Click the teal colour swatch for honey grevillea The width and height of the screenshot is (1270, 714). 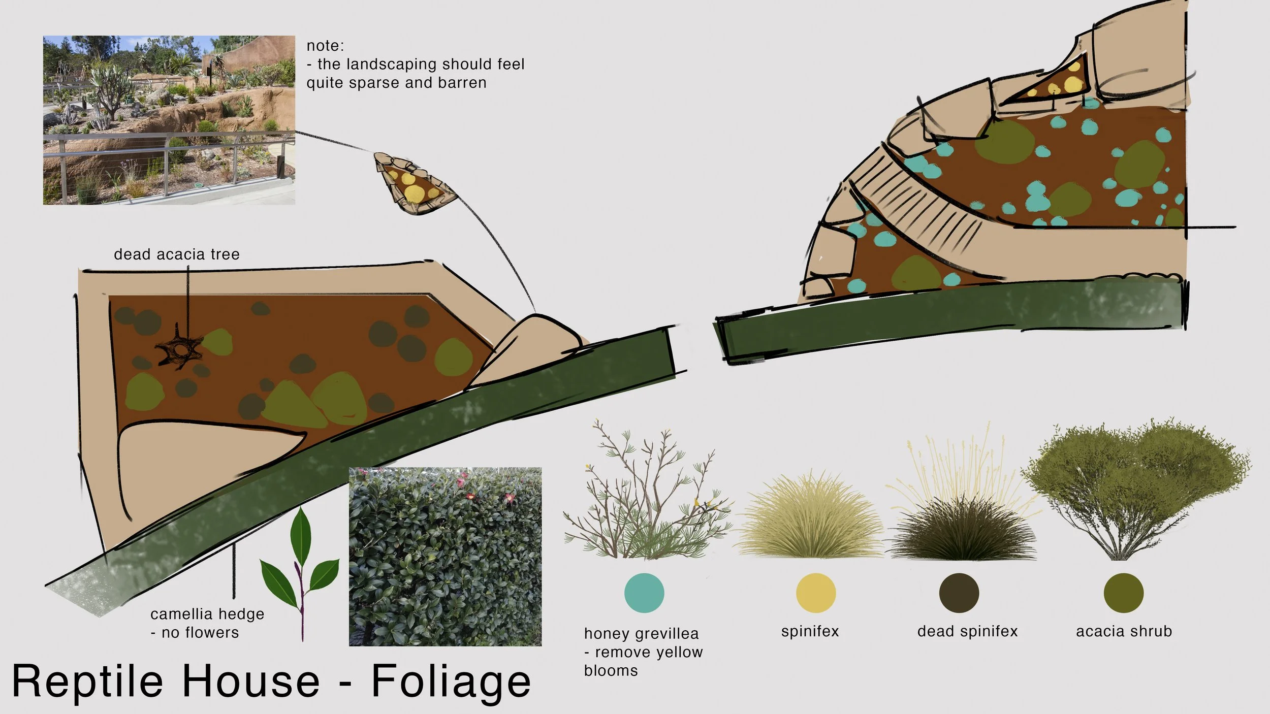tap(644, 593)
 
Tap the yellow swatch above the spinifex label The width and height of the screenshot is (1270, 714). tap(815, 593)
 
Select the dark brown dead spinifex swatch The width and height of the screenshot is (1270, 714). tap(959, 593)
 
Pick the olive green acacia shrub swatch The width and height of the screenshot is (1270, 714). tap(1123, 593)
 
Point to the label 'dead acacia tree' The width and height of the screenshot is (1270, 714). tap(176, 254)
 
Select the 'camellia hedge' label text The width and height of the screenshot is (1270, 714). tap(207, 614)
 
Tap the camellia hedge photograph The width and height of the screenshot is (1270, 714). tap(445, 557)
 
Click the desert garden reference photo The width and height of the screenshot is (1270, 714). tap(169, 120)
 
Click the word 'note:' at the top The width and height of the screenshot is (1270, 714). tap(325, 46)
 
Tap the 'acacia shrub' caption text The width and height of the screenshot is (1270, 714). tap(1124, 631)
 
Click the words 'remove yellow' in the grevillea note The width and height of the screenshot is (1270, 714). tap(649, 652)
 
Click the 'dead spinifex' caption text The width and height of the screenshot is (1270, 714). tap(967, 631)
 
